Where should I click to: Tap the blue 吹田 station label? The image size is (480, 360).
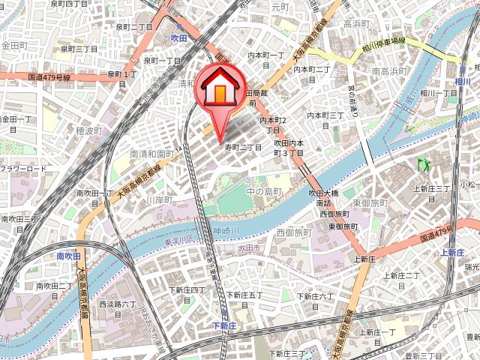tap(178, 37)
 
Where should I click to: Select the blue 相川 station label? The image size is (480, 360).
tap(462, 80)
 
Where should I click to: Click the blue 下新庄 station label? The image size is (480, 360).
tap(224, 325)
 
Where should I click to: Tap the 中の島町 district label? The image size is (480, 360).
tap(264, 192)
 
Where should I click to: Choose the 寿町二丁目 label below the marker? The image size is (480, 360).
tap(243, 148)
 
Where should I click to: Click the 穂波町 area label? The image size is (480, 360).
tap(88, 130)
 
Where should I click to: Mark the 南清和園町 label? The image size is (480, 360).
tap(151, 154)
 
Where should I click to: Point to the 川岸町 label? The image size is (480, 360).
tap(159, 200)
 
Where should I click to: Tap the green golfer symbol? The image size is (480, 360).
tap(421, 162)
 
